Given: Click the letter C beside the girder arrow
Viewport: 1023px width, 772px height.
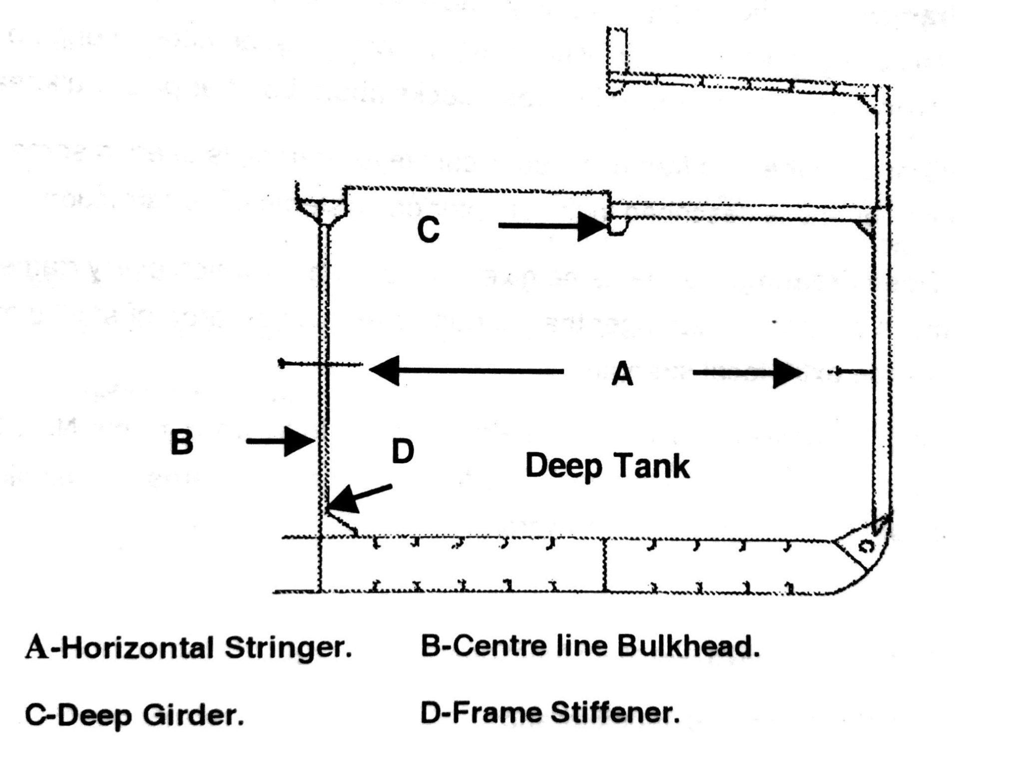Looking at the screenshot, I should (x=429, y=230).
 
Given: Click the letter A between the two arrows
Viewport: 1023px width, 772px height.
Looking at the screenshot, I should (x=622, y=374).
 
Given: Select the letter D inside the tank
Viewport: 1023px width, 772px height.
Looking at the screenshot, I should (x=403, y=451).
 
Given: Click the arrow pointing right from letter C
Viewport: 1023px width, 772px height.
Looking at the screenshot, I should (x=552, y=226).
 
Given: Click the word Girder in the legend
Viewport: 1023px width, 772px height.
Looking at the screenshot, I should (x=194, y=716).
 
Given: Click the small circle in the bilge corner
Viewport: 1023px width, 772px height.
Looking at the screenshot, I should (x=865, y=547).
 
